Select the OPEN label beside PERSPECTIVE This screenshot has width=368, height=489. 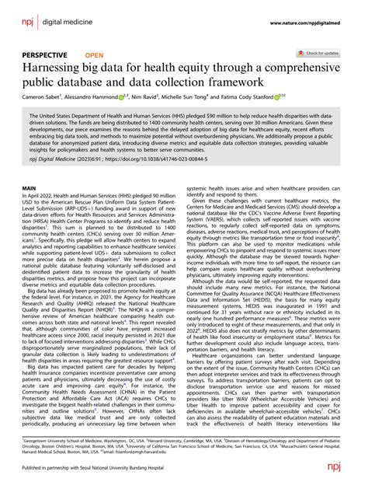(x=94, y=56)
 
